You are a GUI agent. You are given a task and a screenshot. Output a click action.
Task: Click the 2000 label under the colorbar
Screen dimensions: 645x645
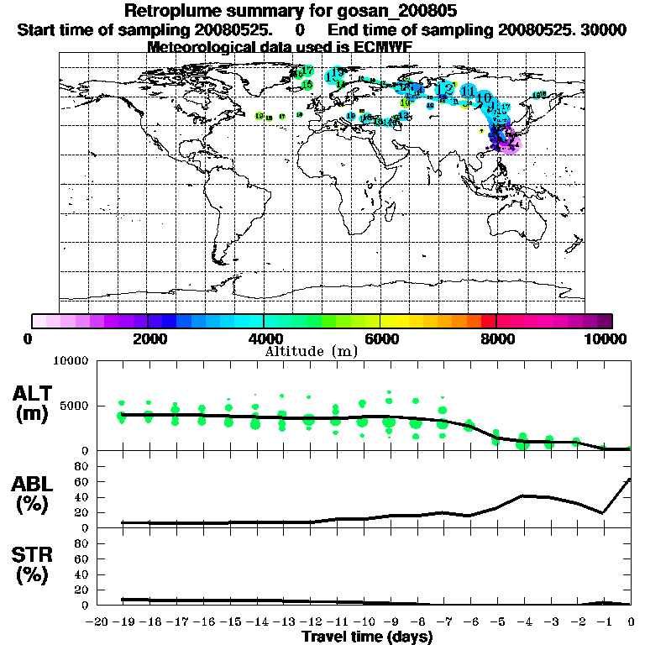148,339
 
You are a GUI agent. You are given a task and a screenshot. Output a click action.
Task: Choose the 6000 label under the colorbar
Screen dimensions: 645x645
380,339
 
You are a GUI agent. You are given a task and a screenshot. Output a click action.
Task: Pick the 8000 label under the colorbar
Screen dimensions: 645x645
496,339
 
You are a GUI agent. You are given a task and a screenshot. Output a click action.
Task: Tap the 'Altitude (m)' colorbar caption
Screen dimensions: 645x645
312,350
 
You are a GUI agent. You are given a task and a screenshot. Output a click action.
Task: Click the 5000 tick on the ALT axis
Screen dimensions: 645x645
76,406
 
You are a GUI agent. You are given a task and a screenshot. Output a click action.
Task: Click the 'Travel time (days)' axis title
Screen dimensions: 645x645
367,637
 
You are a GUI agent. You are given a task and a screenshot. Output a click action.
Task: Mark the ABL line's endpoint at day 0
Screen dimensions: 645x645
630,480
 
